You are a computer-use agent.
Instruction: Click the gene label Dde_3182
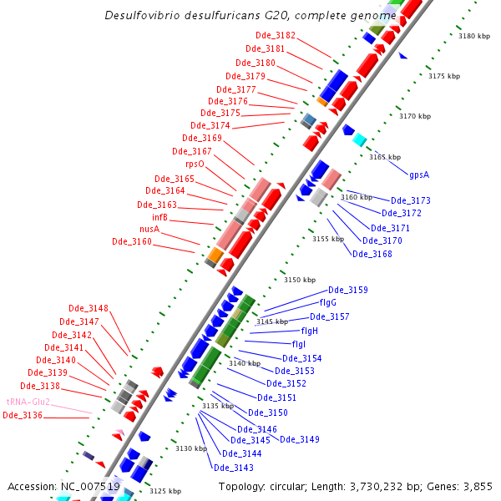pos(275,35)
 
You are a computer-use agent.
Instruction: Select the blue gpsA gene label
pos(418,175)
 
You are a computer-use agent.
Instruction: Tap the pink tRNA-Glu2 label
pos(28,402)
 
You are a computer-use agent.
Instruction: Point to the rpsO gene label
pos(195,164)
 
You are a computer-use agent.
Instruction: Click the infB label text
pos(159,217)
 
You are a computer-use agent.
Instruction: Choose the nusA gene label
pos(149,229)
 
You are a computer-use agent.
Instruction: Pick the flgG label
pos(327,302)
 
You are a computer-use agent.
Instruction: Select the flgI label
pos(298,344)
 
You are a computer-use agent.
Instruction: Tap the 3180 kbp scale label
pos(474,36)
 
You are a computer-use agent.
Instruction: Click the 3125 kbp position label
pos(164,491)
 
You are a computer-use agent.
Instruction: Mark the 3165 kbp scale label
pos(385,157)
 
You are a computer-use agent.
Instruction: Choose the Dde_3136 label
pos(23,415)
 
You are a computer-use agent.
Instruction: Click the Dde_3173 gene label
pos(411,200)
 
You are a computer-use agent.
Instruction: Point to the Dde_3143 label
pos(234,468)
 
